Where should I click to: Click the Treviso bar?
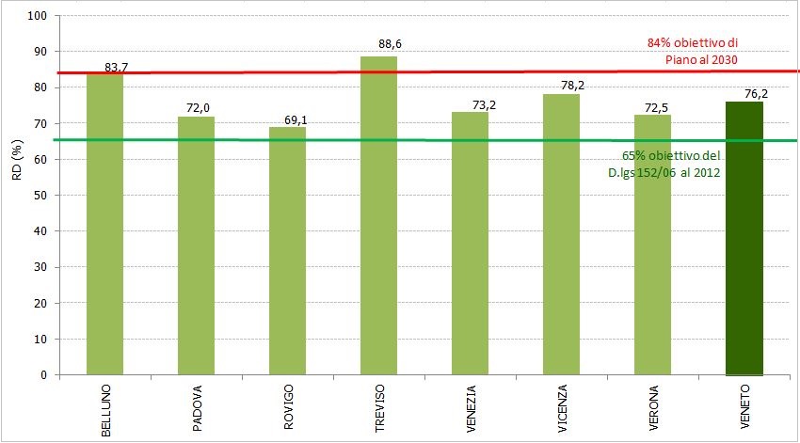(x=378, y=215)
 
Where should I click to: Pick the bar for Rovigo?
(x=287, y=250)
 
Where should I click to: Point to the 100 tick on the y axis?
(x=38, y=16)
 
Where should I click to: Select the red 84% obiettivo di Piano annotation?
(x=692, y=51)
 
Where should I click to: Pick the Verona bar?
(x=652, y=245)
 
